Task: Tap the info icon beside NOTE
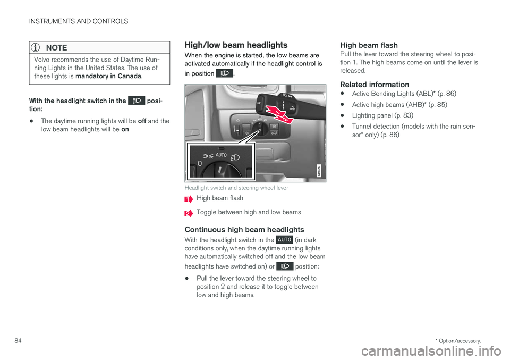[38, 47]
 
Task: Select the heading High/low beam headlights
[235, 45]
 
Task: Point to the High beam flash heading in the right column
[369, 46]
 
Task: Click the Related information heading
[375, 84]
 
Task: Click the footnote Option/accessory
[460, 339]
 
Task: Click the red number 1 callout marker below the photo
[189, 199]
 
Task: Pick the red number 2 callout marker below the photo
[189, 213]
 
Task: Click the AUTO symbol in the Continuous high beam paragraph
[284, 240]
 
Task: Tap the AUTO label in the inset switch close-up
[220, 155]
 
